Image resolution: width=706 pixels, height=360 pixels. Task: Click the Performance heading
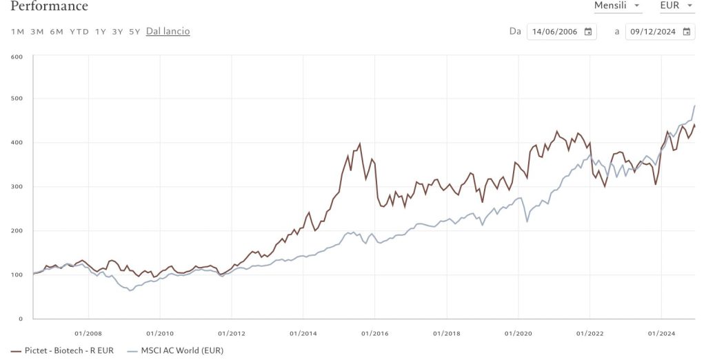[x=50, y=7]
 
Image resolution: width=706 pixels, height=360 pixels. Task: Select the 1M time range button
[x=18, y=32]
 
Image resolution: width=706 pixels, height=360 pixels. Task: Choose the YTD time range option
[x=79, y=32]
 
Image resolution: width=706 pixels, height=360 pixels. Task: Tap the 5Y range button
[x=134, y=32]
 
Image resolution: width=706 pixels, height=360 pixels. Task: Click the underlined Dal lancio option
[x=168, y=32]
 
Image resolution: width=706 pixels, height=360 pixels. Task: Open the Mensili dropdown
[x=618, y=6]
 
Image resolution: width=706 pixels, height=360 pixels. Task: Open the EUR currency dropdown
[x=676, y=6]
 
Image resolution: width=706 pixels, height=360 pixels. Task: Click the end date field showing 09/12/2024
[x=656, y=32]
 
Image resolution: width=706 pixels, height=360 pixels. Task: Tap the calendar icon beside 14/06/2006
[x=588, y=32]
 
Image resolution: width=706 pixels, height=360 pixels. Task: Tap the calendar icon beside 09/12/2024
[x=687, y=32]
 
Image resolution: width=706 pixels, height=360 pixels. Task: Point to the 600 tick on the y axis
[x=17, y=57]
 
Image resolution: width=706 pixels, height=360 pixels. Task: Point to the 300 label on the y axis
[x=17, y=187]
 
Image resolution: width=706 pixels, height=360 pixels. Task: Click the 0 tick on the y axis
[x=21, y=319]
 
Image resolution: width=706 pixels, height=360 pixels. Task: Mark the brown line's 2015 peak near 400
[x=360, y=144]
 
